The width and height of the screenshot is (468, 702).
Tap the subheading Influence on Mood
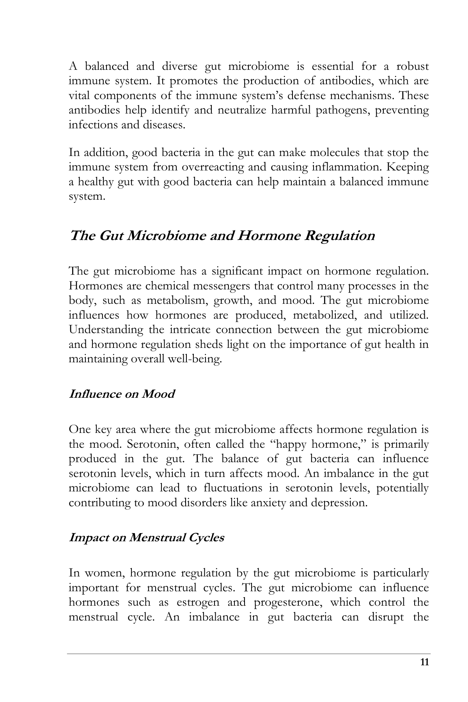pyautogui.click(x=121, y=394)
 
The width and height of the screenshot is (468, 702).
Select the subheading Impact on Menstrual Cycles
pyautogui.click(x=146, y=537)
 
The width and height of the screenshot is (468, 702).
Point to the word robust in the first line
pyautogui.click(x=413, y=66)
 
